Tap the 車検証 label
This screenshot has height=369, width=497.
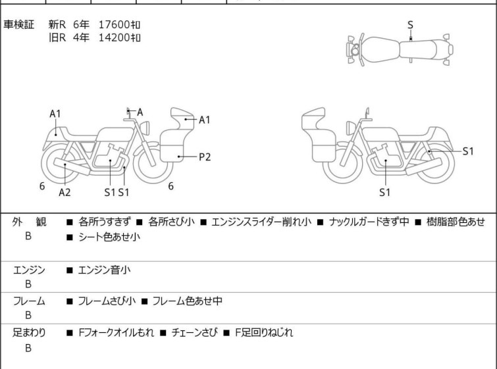pyautogui.click(x=18, y=25)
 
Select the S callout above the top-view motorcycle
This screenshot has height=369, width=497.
pyautogui.click(x=410, y=25)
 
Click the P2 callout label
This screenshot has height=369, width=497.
pyautogui.click(x=205, y=157)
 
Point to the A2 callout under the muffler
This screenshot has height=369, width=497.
pyautogui.click(x=65, y=192)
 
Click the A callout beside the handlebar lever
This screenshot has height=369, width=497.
pyautogui.click(x=140, y=112)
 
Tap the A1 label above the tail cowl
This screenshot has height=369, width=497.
pyautogui.click(x=55, y=114)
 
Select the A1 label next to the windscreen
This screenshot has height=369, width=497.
pyautogui.click(x=205, y=120)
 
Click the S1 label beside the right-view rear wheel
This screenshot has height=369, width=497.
pyautogui.click(x=468, y=151)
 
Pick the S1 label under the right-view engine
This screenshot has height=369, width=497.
pyautogui.click(x=384, y=192)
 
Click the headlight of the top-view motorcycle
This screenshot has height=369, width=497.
pyautogui.click(x=355, y=50)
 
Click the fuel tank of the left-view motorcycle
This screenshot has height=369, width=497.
pyautogui.click(x=115, y=135)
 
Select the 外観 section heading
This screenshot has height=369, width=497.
pyautogui.click(x=29, y=222)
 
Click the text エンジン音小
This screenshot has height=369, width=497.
pyautogui.click(x=104, y=270)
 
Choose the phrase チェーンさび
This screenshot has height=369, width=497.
pyautogui.click(x=194, y=333)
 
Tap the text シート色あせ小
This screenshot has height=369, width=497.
pyautogui.click(x=109, y=237)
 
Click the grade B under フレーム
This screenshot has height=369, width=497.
pyautogui.click(x=28, y=315)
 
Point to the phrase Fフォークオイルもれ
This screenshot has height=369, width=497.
pyautogui.click(x=117, y=333)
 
